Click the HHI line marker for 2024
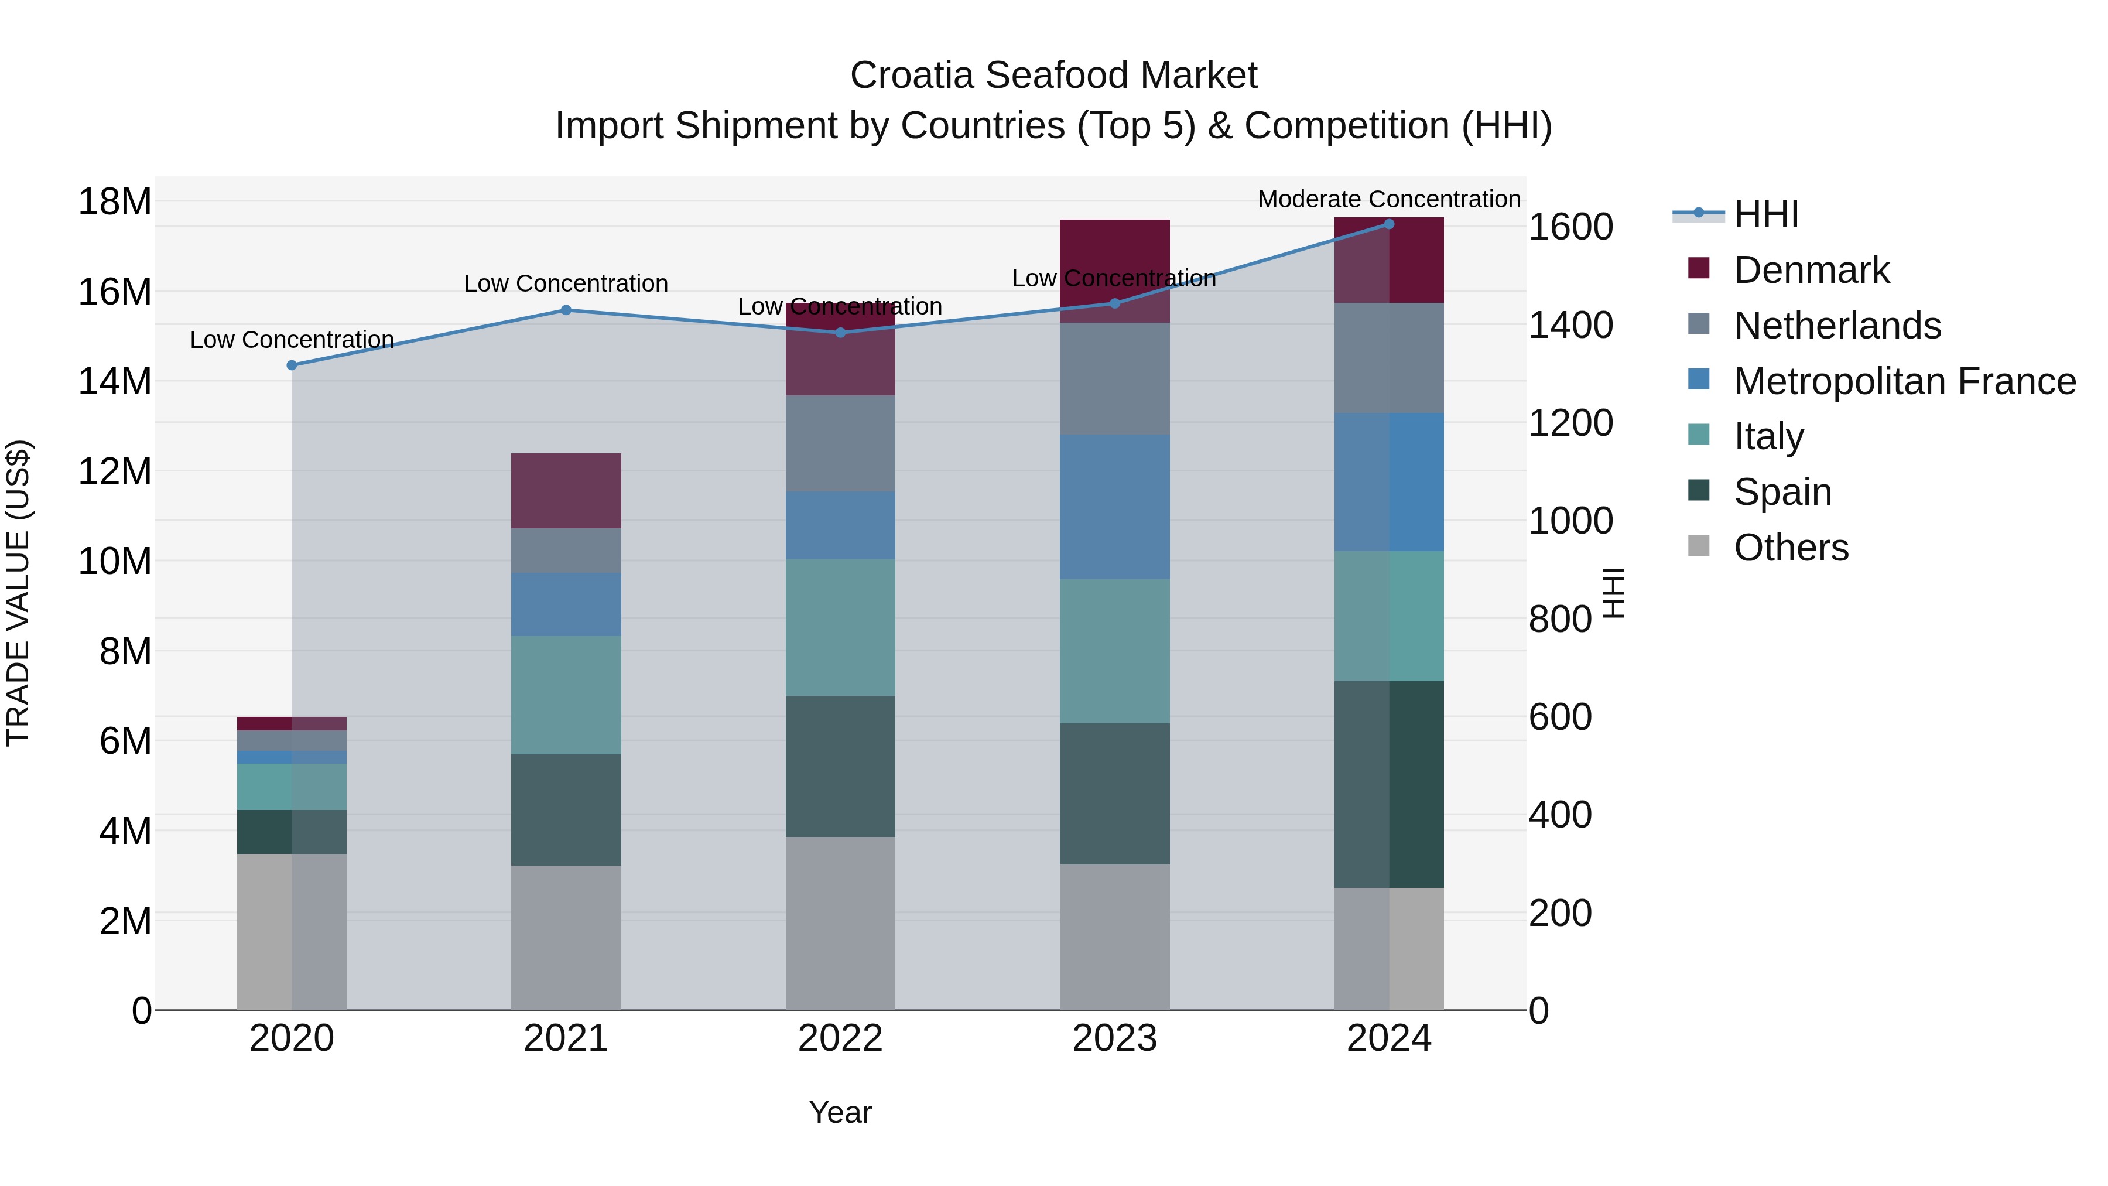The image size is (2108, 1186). (x=1389, y=224)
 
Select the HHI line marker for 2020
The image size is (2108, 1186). (x=292, y=365)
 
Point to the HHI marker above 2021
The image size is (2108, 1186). (x=566, y=310)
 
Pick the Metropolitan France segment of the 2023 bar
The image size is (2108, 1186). (x=1114, y=507)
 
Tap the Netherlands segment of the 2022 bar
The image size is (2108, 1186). (x=840, y=443)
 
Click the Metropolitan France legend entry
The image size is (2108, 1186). (x=1904, y=381)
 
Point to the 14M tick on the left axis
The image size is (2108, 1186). (x=115, y=381)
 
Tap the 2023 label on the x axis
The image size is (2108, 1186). (x=1114, y=1038)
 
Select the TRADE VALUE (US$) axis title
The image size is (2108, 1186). (x=18, y=593)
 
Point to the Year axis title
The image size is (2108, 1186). (x=840, y=1112)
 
